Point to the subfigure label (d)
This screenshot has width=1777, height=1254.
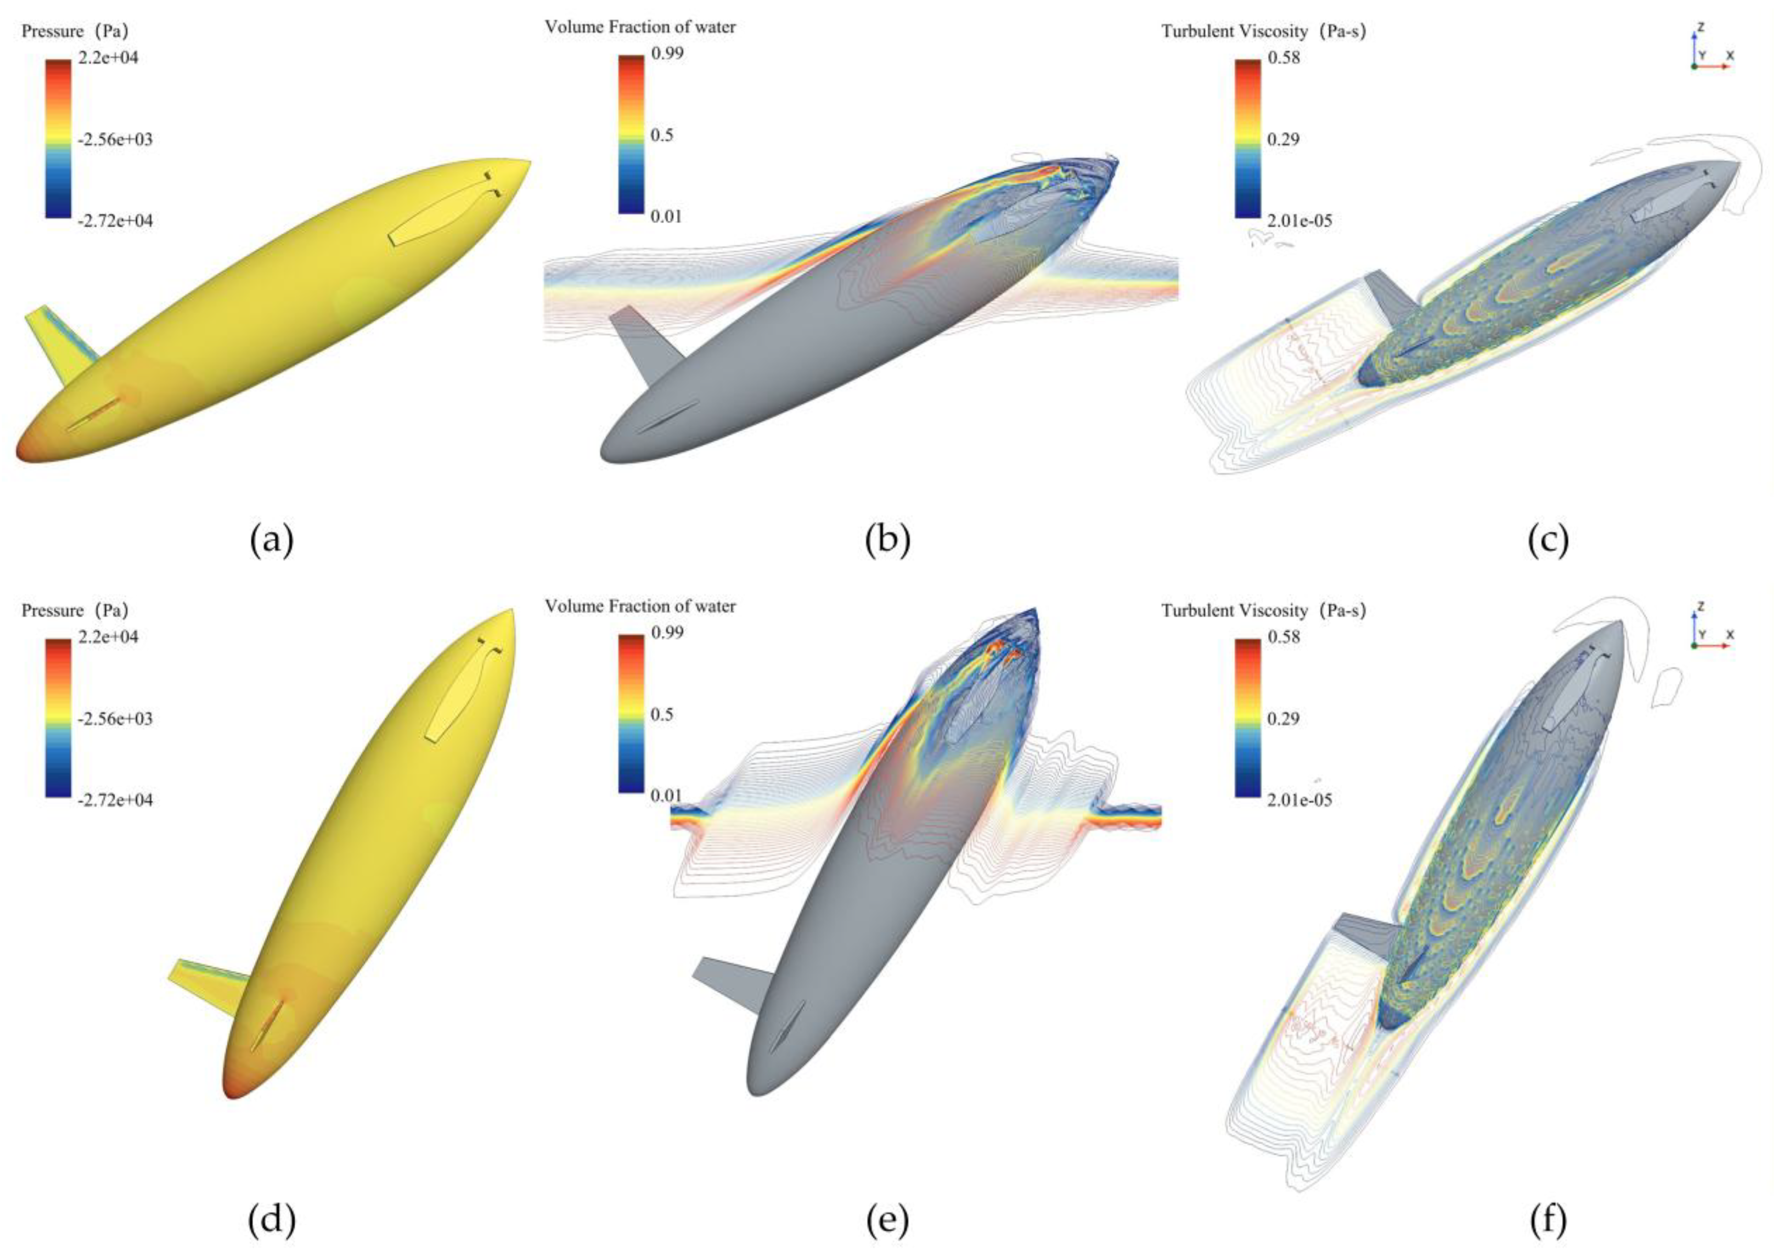(x=272, y=1220)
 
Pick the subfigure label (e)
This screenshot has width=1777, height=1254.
(x=888, y=1220)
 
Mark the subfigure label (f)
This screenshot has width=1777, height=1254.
(x=1549, y=1220)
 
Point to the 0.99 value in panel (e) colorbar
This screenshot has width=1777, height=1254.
(x=667, y=633)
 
